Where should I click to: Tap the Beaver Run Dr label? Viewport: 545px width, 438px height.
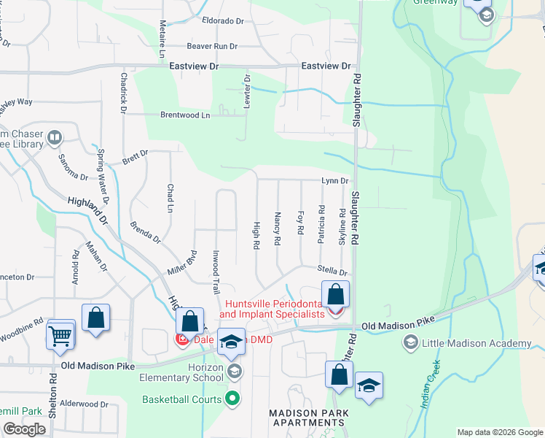tap(212, 46)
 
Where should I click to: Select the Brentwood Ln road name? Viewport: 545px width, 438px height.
tap(185, 115)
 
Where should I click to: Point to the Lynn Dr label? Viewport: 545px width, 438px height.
tap(336, 180)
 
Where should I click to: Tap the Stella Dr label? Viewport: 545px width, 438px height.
tap(332, 270)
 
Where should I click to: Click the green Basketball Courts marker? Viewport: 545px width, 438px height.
tap(232, 399)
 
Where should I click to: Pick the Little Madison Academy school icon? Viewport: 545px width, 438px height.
tap(410, 342)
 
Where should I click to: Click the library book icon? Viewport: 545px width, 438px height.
tap(55, 137)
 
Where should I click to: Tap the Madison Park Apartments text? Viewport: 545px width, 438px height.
tap(309, 418)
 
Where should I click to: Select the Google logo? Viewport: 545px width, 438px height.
tap(24, 429)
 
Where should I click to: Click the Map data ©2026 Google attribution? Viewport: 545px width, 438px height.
tap(499, 432)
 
